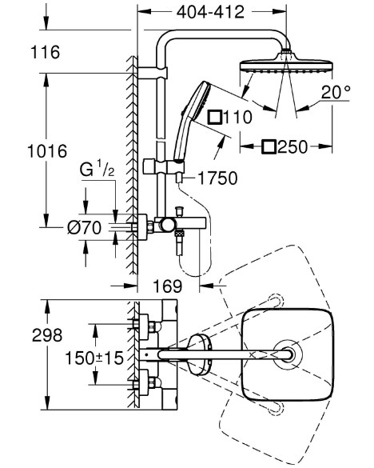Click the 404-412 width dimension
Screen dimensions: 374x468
click(x=210, y=12)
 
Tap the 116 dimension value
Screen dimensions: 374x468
click(x=46, y=52)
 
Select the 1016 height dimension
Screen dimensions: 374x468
click(x=47, y=151)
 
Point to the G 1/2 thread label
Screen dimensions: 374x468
click(x=97, y=170)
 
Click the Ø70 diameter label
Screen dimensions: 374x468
click(x=85, y=228)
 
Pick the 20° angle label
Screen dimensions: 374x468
click(x=336, y=92)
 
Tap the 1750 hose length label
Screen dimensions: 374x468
click(x=217, y=178)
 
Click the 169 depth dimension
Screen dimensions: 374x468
click(x=167, y=286)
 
